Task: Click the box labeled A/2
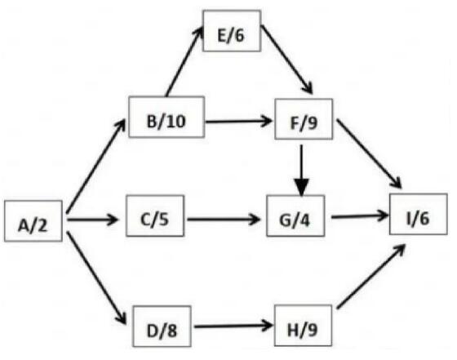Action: point(33,221)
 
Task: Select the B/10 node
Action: point(166,117)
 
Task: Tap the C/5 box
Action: point(155,216)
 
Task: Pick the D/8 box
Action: point(162,327)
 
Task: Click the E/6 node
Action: point(232,31)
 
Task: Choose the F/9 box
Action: point(304,119)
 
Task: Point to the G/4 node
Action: point(295,216)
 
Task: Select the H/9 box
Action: point(303,326)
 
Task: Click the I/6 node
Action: point(419,214)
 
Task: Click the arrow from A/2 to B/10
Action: point(96,166)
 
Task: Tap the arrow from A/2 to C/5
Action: point(93,220)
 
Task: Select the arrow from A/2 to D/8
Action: point(96,278)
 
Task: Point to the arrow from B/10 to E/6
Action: point(184,60)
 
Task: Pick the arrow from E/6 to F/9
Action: point(286,60)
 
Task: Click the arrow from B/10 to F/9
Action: point(238,121)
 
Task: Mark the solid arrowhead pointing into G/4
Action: point(302,188)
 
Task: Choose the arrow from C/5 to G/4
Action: point(224,220)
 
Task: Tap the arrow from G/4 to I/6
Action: point(360,216)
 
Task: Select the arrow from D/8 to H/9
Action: point(233,326)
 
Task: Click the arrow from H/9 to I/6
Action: point(371,277)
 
